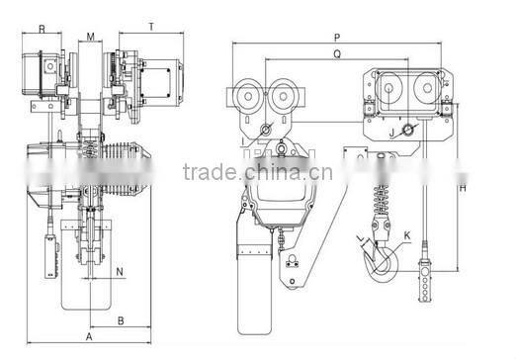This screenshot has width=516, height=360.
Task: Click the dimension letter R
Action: click(42, 29)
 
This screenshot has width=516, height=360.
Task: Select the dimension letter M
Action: click(91, 37)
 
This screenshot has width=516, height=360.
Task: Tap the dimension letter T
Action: click(151, 27)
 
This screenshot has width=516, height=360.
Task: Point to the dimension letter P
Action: click(337, 38)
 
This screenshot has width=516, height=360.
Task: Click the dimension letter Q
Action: click(337, 53)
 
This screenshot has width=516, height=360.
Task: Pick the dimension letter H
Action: click(463, 188)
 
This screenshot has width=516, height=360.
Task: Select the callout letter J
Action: click(391, 133)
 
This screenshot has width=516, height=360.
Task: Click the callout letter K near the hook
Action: click(407, 235)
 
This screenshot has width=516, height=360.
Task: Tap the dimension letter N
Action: click(120, 272)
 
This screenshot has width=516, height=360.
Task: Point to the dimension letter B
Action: click(121, 320)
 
